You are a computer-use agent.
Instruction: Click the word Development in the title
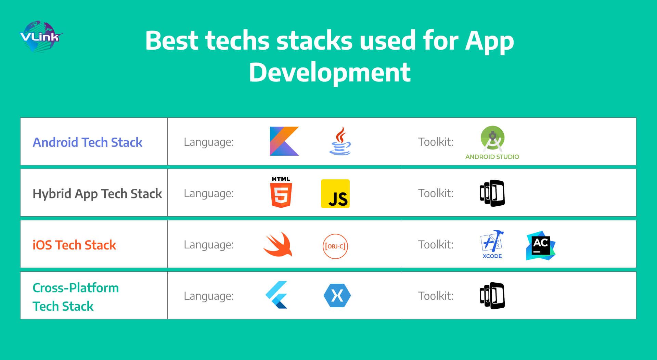[x=330, y=73]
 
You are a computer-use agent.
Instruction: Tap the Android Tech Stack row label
[x=88, y=142]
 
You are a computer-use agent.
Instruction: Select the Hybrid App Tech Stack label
[x=97, y=194]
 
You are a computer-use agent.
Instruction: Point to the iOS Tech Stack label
[x=74, y=245]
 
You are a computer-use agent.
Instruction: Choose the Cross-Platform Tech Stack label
[x=76, y=297]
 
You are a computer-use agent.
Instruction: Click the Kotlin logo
[x=284, y=141]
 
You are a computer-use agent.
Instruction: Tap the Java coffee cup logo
[x=340, y=141]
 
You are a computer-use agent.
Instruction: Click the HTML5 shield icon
[x=281, y=192]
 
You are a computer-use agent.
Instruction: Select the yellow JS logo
[x=335, y=194]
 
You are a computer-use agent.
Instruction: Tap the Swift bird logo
[x=278, y=245]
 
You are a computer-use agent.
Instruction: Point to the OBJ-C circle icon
[x=335, y=246]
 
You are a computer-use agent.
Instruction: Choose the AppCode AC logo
[x=541, y=245]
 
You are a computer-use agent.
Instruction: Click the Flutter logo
[x=277, y=295]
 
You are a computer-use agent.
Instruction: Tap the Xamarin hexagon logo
[x=337, y=295]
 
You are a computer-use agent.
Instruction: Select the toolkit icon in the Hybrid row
[x=492, y=193]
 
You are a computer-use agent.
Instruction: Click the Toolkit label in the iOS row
[x=436, y=244]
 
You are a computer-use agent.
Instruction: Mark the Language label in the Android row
[x=209, y=142]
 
